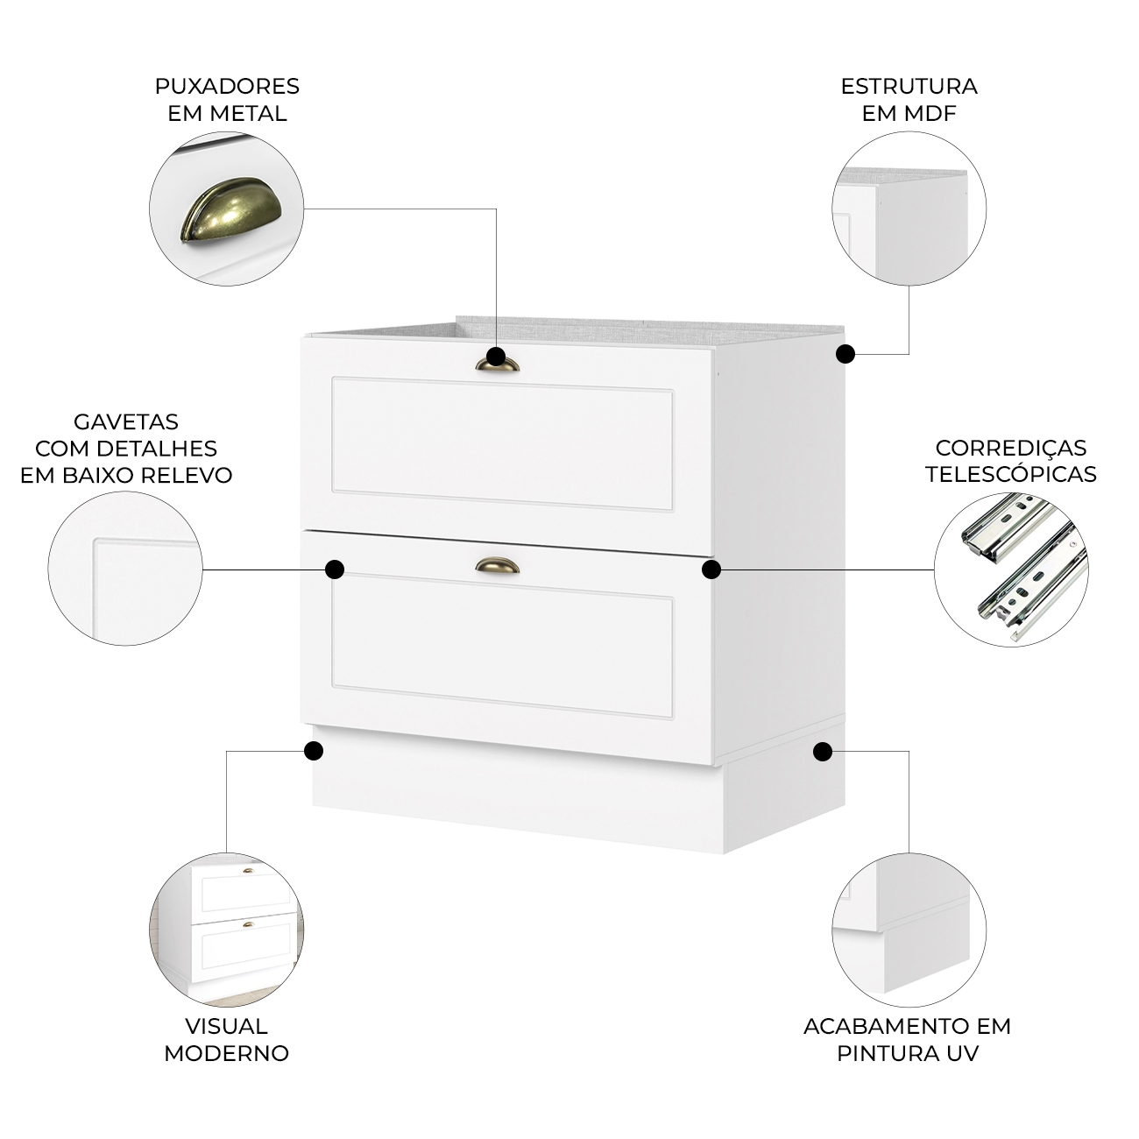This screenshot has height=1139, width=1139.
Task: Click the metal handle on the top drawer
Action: coord(497,364)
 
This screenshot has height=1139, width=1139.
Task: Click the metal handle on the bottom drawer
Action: coord(498,566)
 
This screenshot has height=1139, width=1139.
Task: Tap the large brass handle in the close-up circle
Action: coord(230,209)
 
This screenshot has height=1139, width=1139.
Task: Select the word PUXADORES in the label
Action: coord(227,86)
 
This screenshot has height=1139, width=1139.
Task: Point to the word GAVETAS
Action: coord(126,422)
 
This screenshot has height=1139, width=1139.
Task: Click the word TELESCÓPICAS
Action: coord(1011,474)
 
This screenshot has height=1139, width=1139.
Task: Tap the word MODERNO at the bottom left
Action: coord(226,1053)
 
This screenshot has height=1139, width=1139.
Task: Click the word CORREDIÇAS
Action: coord(1011,448)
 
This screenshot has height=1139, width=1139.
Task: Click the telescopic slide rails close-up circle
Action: coord(1011,569)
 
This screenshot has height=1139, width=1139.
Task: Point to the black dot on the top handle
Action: coord(496,357)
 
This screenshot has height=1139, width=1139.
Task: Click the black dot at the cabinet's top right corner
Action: coord(845,354)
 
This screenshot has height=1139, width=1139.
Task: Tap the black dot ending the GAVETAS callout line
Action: coord(336,569)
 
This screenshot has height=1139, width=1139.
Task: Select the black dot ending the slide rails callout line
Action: coord(711,569)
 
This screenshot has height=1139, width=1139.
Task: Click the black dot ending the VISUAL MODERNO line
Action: coord(314,751)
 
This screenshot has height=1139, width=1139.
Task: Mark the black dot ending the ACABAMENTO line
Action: coord(823,752)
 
